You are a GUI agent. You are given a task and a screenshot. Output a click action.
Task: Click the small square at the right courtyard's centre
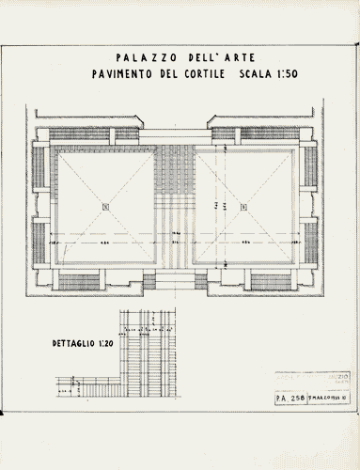point(243,207)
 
